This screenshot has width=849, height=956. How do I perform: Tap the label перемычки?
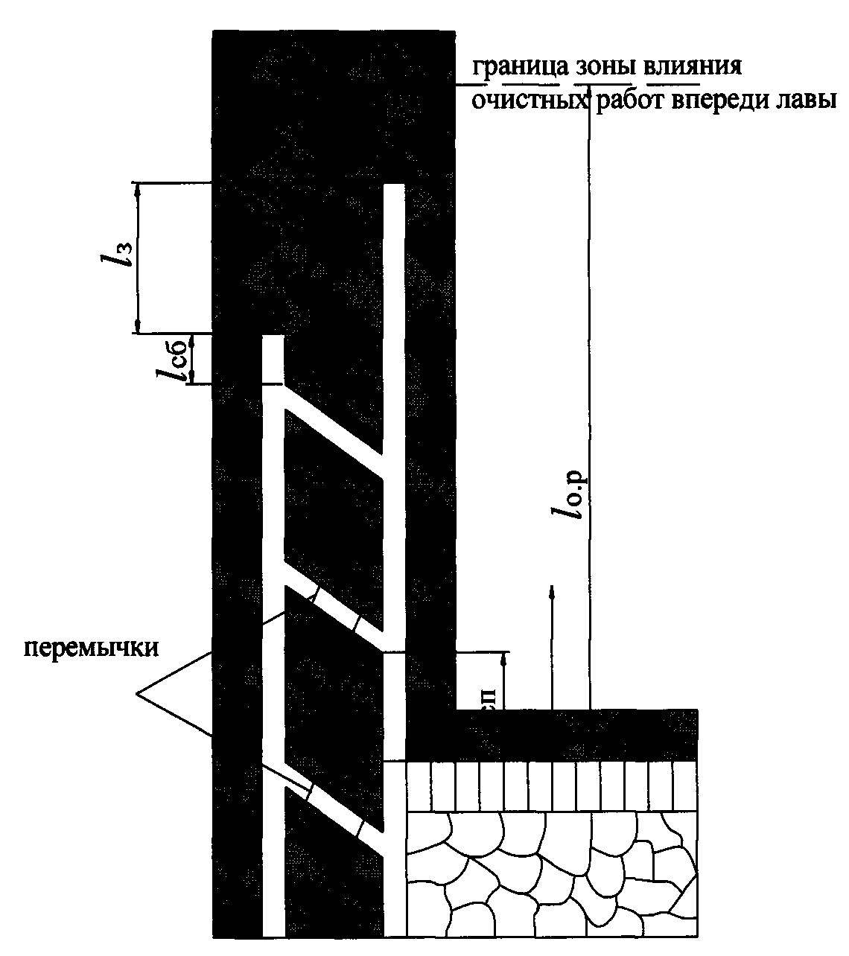pos(92,647)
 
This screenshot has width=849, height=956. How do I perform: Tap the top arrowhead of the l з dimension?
pos(137,189)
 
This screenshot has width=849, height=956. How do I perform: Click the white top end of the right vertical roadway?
pos(394,191)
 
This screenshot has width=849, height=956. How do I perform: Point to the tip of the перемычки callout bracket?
pos(139,695)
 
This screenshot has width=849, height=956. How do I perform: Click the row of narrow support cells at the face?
pos(551,785)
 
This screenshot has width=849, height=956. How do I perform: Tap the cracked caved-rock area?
pos(551,871)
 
